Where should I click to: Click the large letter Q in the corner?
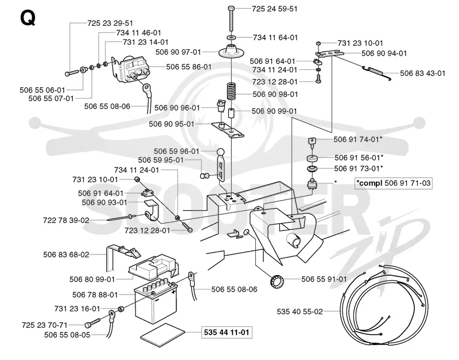point(28,18)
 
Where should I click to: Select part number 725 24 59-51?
point(275,9)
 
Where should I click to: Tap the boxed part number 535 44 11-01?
point(227,332)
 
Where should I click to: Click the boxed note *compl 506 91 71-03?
point(394,183)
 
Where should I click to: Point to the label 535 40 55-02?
point(299,311)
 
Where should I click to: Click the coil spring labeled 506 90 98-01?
point(232,91)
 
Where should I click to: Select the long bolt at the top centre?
point(231,18)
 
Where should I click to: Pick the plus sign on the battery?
point(174,292)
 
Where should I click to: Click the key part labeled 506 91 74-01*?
point(312,142)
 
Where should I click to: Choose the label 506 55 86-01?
point(189,67)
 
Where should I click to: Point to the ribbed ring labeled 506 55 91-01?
point(277,282)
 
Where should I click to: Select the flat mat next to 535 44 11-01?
point(163,335)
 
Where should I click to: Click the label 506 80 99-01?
point(92,280)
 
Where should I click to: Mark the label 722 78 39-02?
point(66,220)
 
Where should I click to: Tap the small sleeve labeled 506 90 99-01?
point(232,114)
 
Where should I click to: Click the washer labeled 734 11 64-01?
point(231,37)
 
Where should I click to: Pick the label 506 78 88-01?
point(95,295)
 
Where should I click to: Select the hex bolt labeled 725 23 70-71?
point(92,323)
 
